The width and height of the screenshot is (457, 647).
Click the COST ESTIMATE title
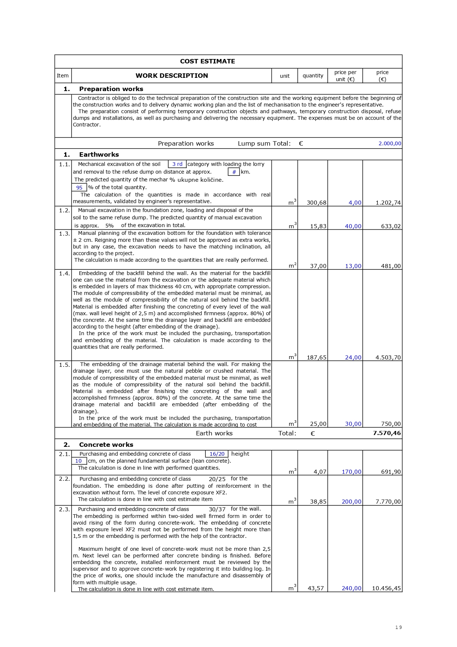pos(207,62)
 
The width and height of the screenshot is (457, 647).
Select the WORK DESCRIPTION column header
pos(172,76)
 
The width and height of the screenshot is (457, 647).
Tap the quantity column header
pos(313,76)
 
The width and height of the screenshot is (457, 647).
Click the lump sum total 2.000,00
pos(390,143)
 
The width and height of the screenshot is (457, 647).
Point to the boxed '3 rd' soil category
pos(177,164)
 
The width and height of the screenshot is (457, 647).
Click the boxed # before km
pos(234,172)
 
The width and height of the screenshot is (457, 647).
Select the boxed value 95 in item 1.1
pos(79,188)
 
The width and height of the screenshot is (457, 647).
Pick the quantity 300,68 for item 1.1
pos(316,203)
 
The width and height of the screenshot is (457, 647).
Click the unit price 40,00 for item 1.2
pos(353,226)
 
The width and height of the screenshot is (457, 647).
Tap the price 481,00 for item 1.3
pos(391,266)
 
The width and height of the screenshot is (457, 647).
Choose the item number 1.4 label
pos(64,274)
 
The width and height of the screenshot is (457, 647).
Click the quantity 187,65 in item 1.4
pos(316,358)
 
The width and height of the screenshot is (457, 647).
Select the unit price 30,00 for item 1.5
pos(353,424)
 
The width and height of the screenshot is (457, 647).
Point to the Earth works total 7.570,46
pos(387,433)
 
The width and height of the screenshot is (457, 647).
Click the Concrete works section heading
pos(106,445)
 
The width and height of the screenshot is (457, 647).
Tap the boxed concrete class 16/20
pos(217,454)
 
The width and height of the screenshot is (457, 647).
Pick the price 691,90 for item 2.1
pos(391,472)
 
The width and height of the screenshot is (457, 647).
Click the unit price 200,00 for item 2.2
pos(351,502)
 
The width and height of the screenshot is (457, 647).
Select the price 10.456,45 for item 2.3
pos(386,588)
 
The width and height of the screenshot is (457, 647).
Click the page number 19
pos(398,627)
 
